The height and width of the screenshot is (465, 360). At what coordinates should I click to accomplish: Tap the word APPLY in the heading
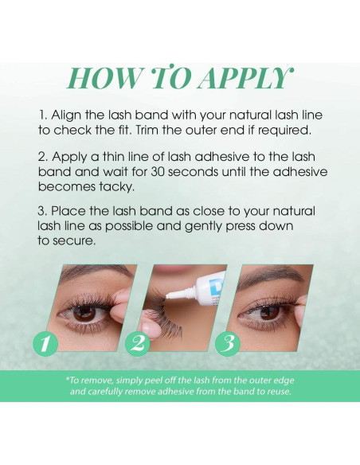click(246, 79)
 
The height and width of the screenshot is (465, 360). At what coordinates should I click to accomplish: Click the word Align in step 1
click(66, 115)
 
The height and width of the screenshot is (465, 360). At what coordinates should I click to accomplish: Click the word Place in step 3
click(68, 211)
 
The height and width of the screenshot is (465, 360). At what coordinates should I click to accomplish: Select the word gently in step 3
click(204, 227)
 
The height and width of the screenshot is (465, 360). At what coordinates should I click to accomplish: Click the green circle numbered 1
click(45, 343)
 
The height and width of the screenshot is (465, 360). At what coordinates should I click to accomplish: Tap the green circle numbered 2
click(138, 343)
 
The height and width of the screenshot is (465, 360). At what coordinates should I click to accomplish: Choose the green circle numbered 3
click(228, 343)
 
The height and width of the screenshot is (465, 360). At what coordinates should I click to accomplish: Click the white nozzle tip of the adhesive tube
click(168, 295)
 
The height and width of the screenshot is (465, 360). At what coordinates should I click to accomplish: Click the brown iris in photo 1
click(84, 313)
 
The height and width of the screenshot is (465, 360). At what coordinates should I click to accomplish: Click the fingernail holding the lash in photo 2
click(147, 328)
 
